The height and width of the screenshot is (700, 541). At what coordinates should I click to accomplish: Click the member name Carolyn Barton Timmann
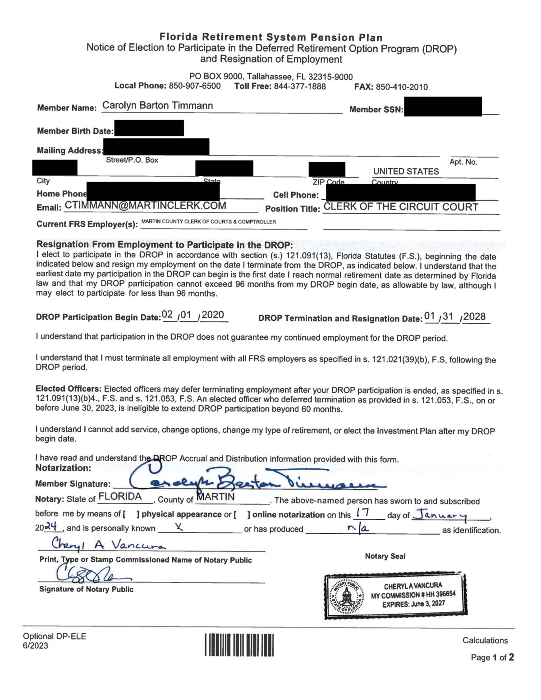(157, 105)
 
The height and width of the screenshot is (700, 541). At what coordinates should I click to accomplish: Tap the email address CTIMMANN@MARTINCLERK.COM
(145, 206)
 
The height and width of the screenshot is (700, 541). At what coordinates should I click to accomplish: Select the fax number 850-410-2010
(401, 87)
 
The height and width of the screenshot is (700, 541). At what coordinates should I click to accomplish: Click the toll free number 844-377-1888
(300, 86)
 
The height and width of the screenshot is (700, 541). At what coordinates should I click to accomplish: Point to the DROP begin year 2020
(213, 315)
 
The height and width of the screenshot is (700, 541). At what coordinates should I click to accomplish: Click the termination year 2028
(474, 316)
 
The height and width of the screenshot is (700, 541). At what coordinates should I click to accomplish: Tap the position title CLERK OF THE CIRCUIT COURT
(401, 207)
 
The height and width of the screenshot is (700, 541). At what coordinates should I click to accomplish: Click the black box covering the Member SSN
(443, 107)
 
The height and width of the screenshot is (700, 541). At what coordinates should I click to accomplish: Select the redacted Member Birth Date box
(149, 128)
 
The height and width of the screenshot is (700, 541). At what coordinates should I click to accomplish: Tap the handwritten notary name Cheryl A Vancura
(108, 544)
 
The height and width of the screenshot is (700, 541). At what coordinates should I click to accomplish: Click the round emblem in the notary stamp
(346, 597)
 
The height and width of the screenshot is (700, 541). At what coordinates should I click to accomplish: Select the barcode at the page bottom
(239, 645)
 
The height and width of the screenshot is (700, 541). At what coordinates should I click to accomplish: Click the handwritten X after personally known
(179, 527)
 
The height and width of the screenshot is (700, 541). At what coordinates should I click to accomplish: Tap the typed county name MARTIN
(215, 497)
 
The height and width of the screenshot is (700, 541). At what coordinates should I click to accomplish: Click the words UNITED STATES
(406, 171)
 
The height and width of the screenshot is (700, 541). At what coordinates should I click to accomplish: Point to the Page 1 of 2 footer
(492, 657)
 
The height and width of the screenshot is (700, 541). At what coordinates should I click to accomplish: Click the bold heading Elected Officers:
(69, 389)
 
